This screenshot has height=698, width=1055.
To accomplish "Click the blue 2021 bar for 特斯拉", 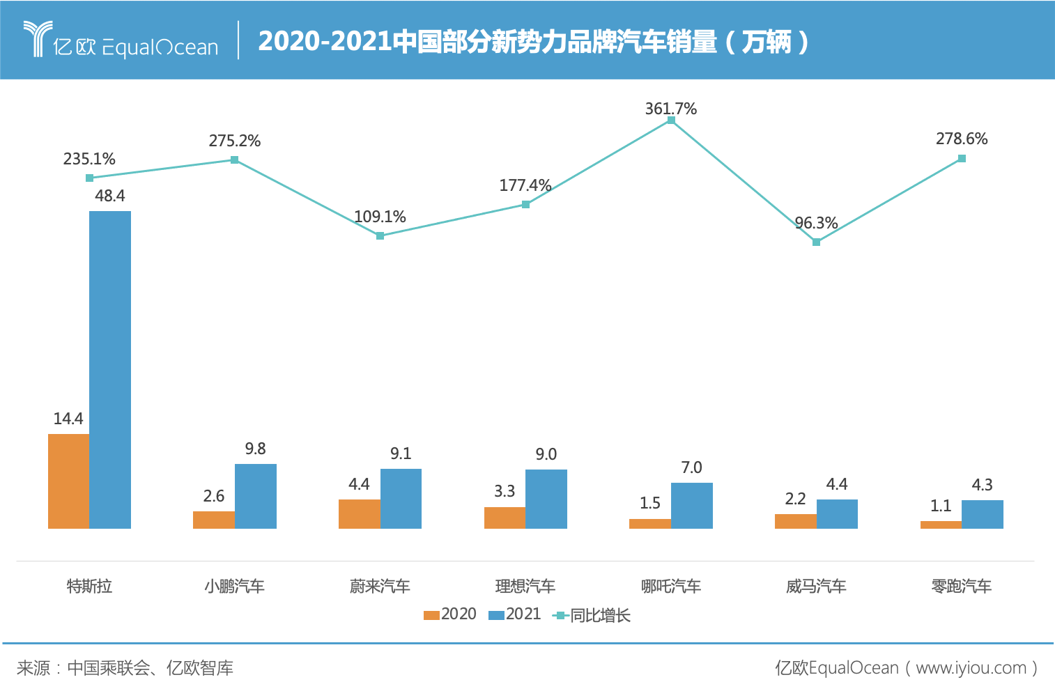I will (110, 369).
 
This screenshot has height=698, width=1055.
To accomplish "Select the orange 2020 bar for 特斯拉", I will (68, 481).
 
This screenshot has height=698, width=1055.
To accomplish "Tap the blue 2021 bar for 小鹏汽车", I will (255, 496).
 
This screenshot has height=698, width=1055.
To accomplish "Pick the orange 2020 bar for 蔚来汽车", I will (359, 513).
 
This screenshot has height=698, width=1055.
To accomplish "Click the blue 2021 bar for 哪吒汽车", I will (691, 505).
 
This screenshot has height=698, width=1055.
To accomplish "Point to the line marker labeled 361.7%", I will (671, 121).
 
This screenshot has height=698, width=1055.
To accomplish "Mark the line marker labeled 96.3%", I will (816, 242).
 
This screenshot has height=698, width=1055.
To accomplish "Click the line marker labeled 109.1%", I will (380, 236).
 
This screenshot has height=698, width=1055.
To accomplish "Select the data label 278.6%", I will (962, 139).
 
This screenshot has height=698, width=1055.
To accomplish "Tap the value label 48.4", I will (110, 196).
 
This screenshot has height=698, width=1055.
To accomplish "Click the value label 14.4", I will (68, 419).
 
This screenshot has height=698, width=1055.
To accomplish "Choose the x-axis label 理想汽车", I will (525, 587).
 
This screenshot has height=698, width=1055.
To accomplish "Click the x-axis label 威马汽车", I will (816, 587).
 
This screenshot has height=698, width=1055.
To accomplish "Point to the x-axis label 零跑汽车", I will (962, 587).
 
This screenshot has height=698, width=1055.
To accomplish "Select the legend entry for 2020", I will (450, 614).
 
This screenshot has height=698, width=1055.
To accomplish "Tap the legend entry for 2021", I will (515, 614).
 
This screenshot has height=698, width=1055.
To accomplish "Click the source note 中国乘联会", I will (109, 668).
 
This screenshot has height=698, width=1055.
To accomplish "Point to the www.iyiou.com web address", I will (971, 668).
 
